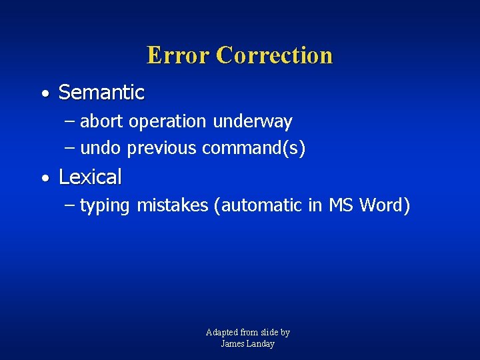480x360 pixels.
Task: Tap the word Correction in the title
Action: (x=275, y=55)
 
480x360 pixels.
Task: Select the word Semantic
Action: (x=101, y=93)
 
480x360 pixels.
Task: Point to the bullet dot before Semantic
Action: (x=44, y=95)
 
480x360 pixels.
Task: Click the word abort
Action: (x=102, y=121)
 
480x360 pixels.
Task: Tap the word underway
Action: (x=253, y=121)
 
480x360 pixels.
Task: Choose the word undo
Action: (x=101, y=148)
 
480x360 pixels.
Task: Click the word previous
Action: (x=162, y=149)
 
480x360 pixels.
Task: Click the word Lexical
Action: (x=90, y=177)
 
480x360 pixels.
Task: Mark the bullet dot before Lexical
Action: (x=44, y=179)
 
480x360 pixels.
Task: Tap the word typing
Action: (x=105, y=206)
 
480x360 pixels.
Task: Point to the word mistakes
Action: (x=173, y=205)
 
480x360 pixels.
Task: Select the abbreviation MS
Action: (x=341, y=205)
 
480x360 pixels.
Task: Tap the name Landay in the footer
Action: (x=260, y=344)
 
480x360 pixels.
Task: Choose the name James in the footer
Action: (x=232, y=344)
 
